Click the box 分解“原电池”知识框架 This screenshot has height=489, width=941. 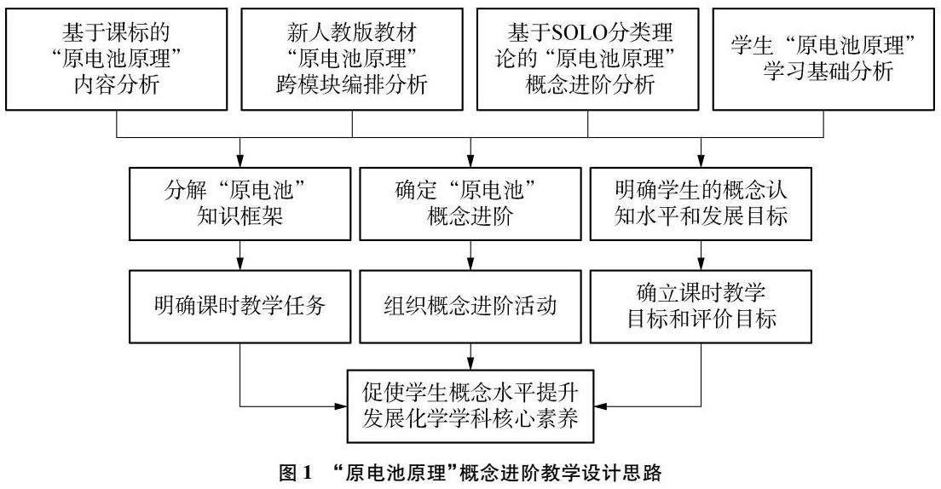[x=240, y=203]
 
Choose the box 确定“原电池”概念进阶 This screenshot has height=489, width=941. [x=470, y=203]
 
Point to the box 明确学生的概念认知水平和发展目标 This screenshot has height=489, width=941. [x=701, y=203]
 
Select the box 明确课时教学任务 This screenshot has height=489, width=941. [x=240, y=306]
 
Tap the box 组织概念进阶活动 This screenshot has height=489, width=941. [x=470, y=306]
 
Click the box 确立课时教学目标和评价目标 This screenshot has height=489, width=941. [x=701, y=306]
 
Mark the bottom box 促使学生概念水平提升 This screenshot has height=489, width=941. [x=470, y=405]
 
